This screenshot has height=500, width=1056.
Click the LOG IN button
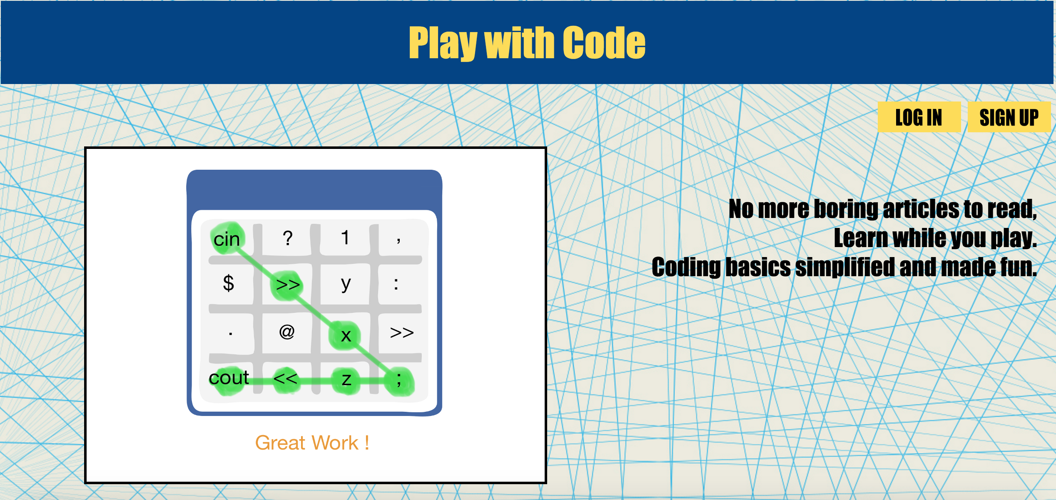pyautogui.click(x=919, y=117)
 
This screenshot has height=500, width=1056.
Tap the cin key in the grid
pyautogui.click(x=227, y=239)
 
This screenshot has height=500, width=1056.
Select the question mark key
pyautogui.click(x=287, y=238)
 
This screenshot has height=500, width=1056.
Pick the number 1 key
pyautogui.click(x=345, y=238)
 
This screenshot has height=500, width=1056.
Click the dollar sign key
pyautogui.click(x=228, y=284)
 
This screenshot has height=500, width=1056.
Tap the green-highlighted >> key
pyautogui.click(x=287, y=285)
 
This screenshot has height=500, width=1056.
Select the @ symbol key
pyautogui.click(x=287, y=332)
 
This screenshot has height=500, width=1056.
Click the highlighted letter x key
pyautogui.click(x=345, y=335)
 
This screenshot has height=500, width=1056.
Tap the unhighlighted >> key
pyautogui.click(x=401, y=332)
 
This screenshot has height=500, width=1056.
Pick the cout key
pyautogui.click(x=229, y=378)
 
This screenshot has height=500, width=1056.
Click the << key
pyautogui.click(x=286, y=379)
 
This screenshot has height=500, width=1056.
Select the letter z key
pyautogui.click(x=346, y=379)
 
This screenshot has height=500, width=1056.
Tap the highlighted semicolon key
pyautogui.click(x=399, y=380)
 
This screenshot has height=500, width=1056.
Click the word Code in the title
pyautogui.click(x=604, y=42)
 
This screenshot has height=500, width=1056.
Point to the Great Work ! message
pyautogui.click(x=312, y=443)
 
